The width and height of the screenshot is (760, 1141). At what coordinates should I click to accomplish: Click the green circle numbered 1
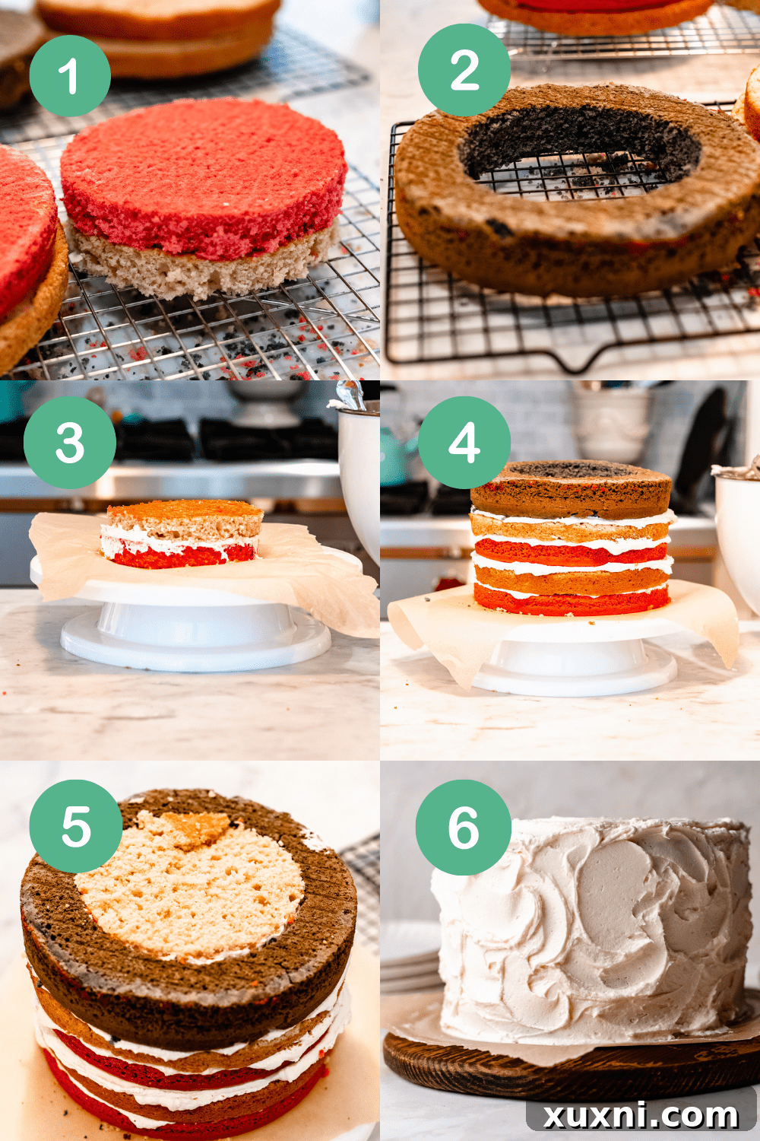coord(70,76)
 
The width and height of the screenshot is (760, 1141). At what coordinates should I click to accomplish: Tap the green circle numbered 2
coord(464,70)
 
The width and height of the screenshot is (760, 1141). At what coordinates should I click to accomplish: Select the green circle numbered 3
coord(70,443)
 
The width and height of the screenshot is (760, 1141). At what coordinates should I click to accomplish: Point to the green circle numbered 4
coord(464,443)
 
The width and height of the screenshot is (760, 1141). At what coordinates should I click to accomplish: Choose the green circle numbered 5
coord(76,826)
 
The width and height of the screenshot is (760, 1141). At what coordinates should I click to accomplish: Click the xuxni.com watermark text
coord(641,1115)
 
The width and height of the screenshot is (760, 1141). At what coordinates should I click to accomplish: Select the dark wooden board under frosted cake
coord(570,1069)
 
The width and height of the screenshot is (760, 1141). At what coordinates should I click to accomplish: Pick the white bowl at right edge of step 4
coord(739,532)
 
